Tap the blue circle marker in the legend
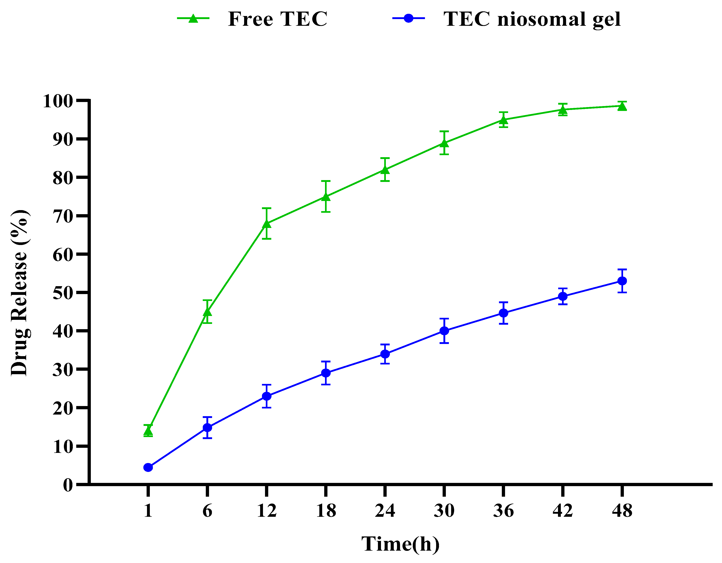(409, 18)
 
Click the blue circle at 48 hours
(622, 281)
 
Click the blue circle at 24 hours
(385, 354)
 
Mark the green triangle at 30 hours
(444, 143)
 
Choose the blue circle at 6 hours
(207, 428)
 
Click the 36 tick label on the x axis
(503, 511)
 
